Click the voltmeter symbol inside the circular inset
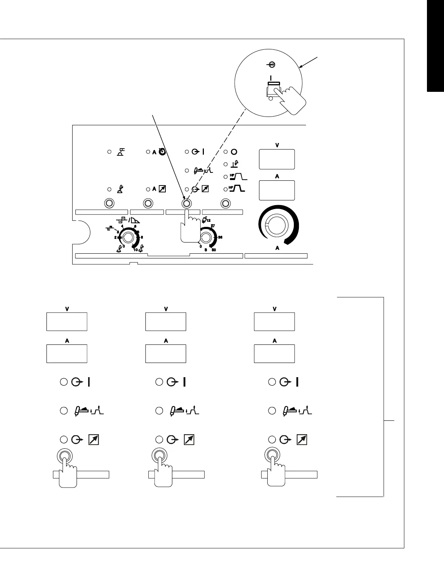[x=271, y=64]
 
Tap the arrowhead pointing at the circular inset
[x=301, y=67]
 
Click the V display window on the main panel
[x=277, y=159]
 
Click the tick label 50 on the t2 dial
[x=214, y=250]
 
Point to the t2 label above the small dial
[x=207, y=220]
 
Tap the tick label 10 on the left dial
[x=135, y=250]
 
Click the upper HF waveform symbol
[x=238, y=177]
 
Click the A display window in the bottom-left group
[x=67, y=354]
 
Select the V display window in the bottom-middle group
[x=166, y=322]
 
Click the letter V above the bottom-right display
[x=275, y=309]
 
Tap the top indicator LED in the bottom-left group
[x=63, y=382]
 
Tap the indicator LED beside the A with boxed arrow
[x=148, y=189]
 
